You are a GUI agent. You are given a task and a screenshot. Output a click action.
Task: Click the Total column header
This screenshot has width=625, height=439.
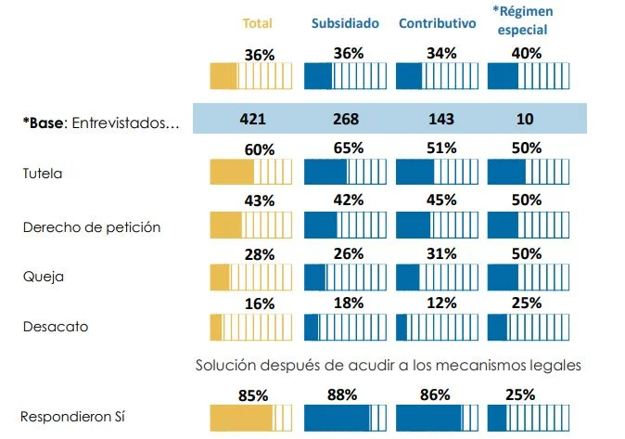257,23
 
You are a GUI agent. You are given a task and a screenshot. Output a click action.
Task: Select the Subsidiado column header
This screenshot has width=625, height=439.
345,23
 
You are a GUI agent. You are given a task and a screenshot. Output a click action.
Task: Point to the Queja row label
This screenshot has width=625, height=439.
38,276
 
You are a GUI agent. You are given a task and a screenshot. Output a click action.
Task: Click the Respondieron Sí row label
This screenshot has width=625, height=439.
73,418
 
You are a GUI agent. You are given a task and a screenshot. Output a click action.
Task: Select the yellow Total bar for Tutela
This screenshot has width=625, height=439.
251,173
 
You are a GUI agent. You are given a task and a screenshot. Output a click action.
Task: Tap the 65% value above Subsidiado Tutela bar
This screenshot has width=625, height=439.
348,148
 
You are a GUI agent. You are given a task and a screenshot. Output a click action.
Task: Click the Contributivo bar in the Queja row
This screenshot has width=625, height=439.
435,278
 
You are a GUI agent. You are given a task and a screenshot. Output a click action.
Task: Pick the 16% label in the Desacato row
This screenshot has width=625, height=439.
259,303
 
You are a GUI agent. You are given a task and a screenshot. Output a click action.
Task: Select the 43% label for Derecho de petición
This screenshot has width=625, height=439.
259,201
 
